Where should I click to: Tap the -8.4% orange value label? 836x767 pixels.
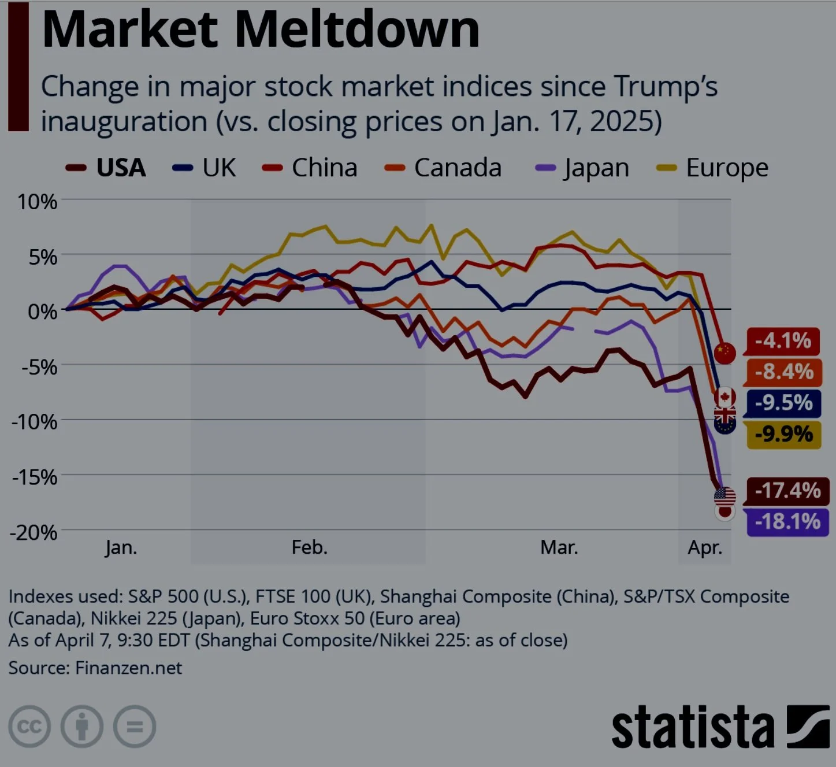[783, 372]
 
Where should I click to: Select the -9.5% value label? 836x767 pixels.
[783, 403]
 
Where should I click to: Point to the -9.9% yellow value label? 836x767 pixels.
[783, 434]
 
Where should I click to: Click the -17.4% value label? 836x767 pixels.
[787, 491]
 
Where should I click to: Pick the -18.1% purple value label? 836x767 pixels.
[787, 522]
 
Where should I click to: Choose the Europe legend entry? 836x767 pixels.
[714, 168]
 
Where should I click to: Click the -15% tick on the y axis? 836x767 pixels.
[34, 477]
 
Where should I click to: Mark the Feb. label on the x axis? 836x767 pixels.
[309, 547]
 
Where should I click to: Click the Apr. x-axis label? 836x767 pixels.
[705, 547]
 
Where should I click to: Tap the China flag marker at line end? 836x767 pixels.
[725, 352]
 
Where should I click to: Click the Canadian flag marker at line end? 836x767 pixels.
[725, 397]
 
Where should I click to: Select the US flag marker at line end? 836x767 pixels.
[725, 496]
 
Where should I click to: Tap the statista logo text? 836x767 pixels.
[693, 728]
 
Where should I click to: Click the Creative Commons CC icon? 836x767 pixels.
[29, 726]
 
